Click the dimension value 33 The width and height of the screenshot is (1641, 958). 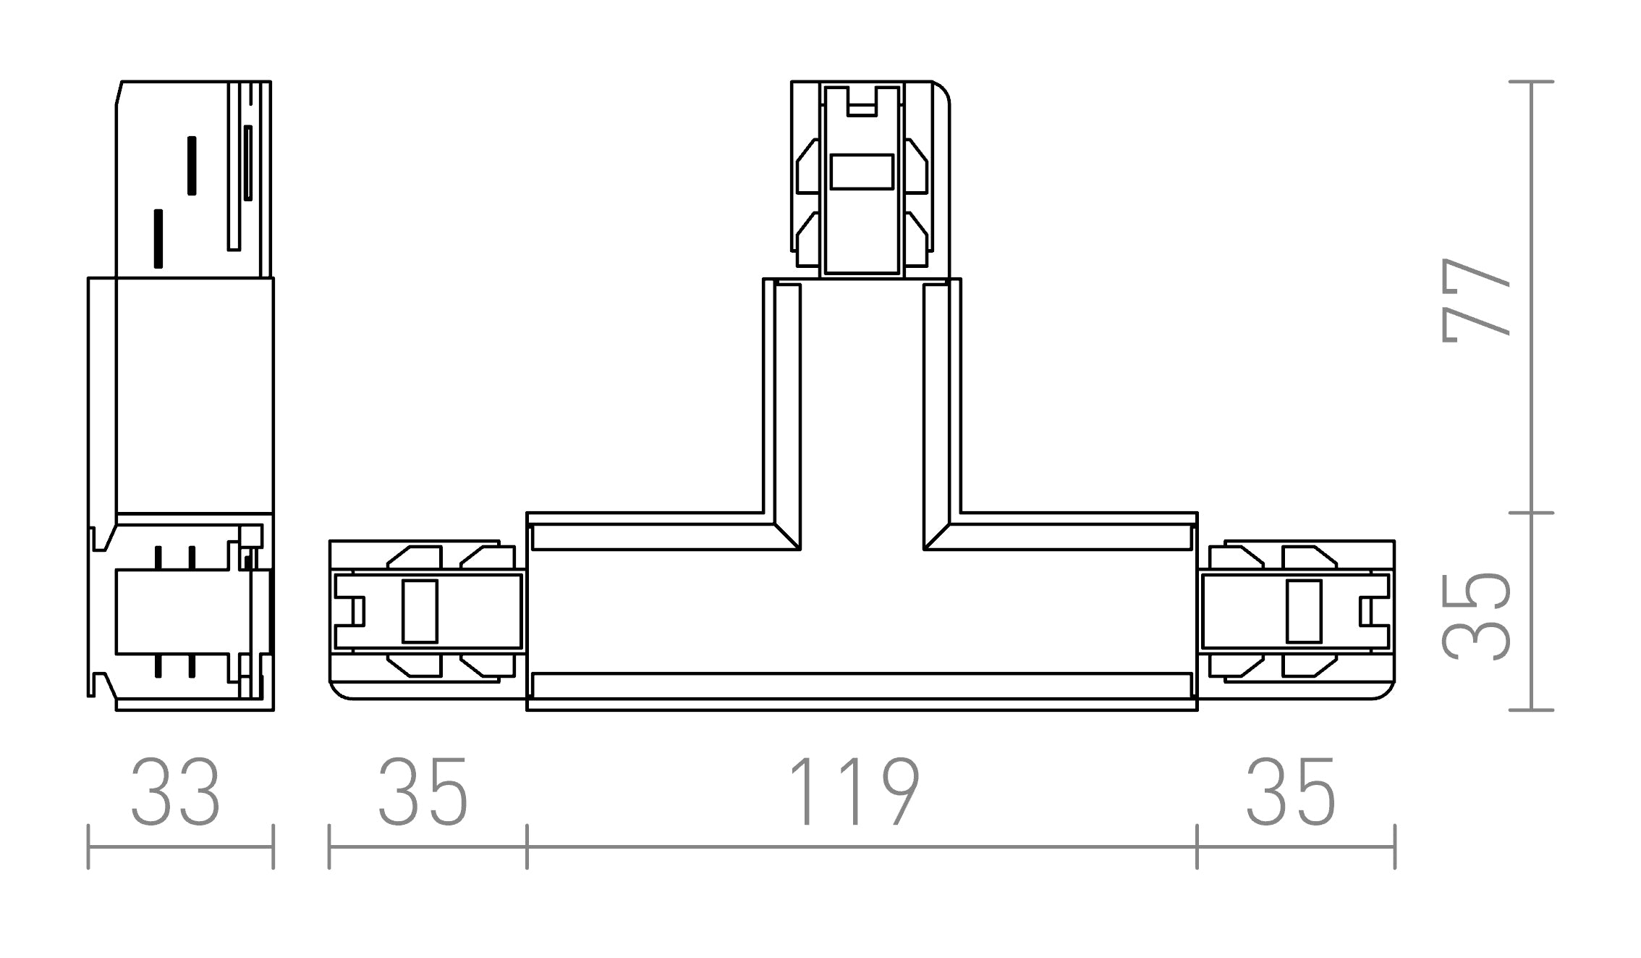tap(176, 792)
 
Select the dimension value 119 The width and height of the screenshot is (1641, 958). tap(854, 792)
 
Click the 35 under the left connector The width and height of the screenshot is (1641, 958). tap(423, 792)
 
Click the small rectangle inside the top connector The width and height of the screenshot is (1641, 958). tap(862, 172)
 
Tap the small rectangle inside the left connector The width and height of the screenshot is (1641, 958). tap(420, 611)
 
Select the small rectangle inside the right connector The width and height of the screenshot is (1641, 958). tap(1304, 611)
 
